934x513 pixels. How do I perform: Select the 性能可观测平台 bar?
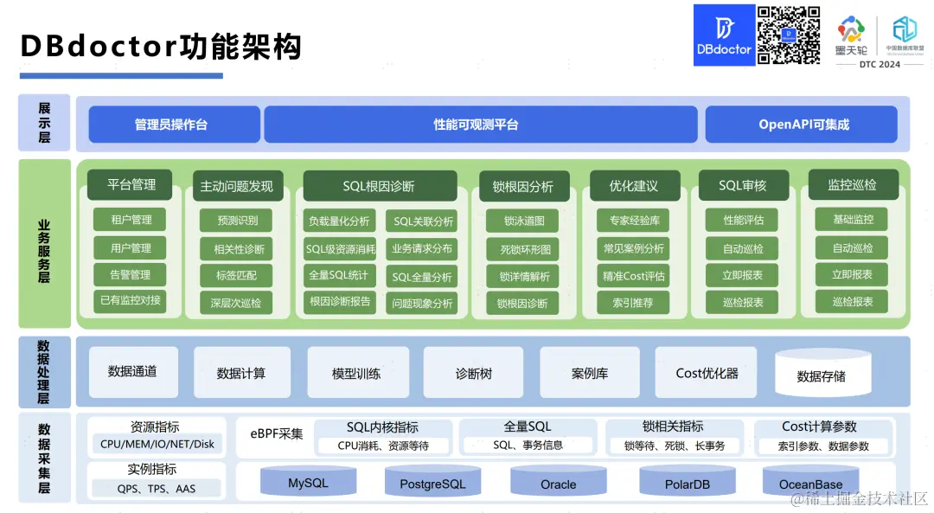tap(480, 125)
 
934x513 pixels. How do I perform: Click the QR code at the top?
tap(789, 35)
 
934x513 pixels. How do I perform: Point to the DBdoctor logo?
tap(724, 35)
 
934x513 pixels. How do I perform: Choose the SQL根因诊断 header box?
tap(380, 186)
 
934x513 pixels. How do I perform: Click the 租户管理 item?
tap(130, 220)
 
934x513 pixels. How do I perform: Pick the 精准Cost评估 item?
tap(634, 276)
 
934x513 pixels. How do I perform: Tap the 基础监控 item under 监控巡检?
tap(853, 220)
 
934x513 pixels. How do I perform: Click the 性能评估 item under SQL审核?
tap(742, 220)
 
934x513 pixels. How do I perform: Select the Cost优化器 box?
tap(706, 373)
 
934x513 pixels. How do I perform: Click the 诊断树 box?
tap(473, 373)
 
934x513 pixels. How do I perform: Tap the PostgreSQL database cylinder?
tap(432, 483)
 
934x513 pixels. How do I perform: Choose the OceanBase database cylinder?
tap(810, 483)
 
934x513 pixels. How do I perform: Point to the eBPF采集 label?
tap(277, 433)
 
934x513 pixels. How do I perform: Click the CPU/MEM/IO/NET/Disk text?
tap(157, 445)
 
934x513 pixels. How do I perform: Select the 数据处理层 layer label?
tap(43, 372)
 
